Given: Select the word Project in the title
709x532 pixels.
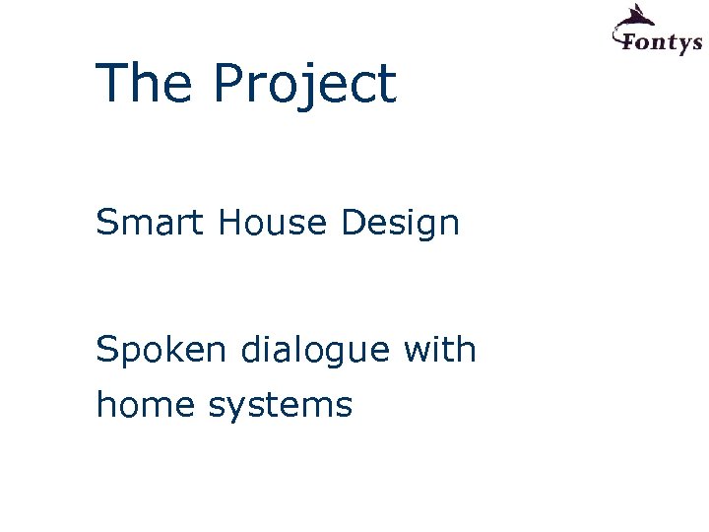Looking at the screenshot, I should point(303,86).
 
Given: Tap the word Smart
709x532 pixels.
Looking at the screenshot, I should point(149,224).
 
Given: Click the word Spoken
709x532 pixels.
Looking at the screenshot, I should point(159,351).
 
